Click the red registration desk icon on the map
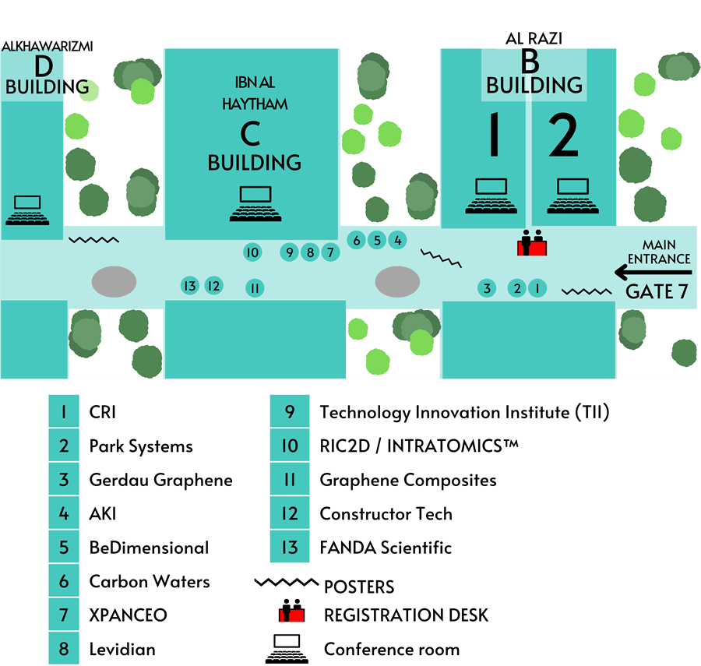click(533, 244)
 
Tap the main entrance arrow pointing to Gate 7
click(653, 272)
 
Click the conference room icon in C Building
click(255, 204)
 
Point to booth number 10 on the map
click(252, 252)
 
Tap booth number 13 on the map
click(189, 286)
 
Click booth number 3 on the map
click(487, 288)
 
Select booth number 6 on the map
click(357, 241)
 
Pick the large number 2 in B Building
click(563, 136)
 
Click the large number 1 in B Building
click(492, 136)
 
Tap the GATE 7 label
click(658, 292)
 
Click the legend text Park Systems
click(141, 446)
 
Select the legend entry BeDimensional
click(149, 548)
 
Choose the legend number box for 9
click(290, 412)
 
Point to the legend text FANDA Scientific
click(386, 548)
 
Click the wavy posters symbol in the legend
click(287, 582)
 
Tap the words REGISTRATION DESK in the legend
click(406, 615)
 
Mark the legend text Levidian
click(122, 649)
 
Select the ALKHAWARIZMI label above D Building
click(48, 47)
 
